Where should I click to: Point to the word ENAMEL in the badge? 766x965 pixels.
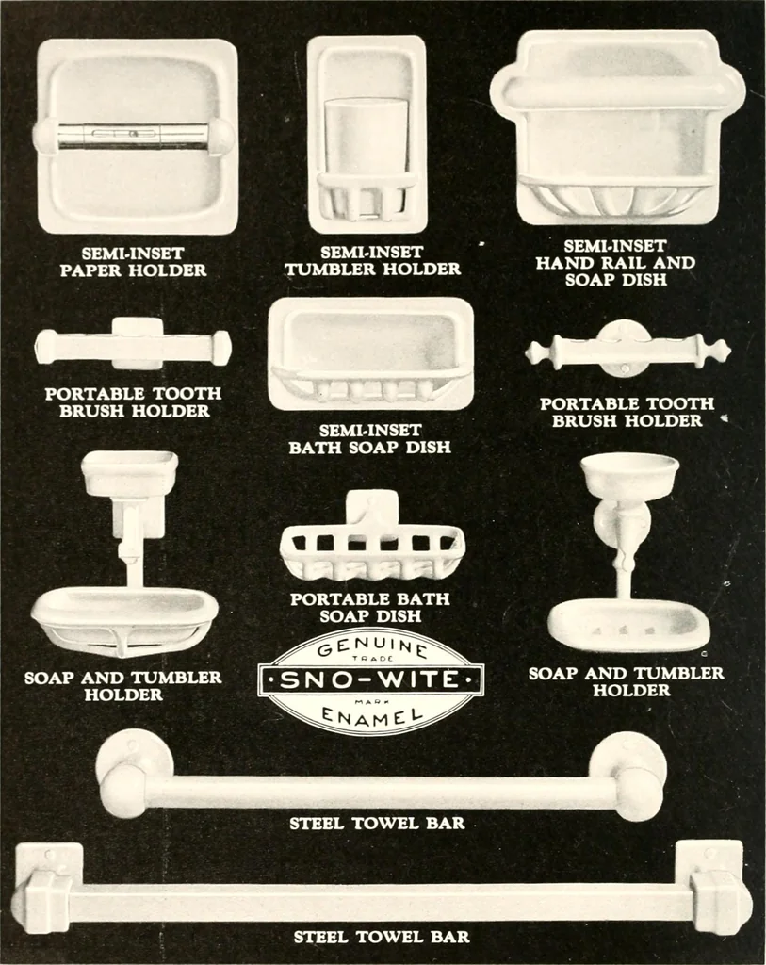pos(372,714)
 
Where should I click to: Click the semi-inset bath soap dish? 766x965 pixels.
pos(371,354)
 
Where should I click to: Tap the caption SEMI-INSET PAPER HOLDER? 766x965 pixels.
pos(134,262)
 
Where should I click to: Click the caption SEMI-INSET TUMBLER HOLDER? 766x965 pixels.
pos(372,260)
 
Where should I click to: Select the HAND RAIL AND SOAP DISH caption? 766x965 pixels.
pos(615,270)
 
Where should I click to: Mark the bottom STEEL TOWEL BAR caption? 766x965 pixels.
pos(382,937)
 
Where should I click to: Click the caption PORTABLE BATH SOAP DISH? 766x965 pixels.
pos(370,608)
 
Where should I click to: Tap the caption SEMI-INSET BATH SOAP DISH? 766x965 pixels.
pos(369,438)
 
